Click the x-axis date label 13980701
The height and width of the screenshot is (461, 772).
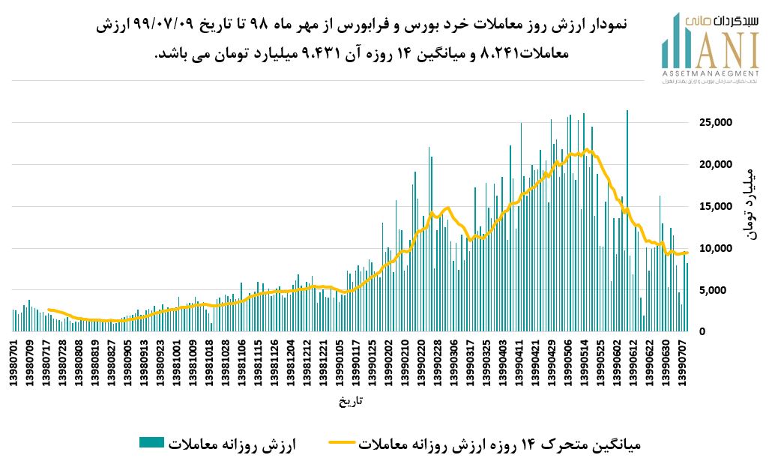[13, 364]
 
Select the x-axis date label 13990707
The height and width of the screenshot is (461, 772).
[684, 364]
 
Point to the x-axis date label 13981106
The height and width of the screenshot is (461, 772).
[241, 364]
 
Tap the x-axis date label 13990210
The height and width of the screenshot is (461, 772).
[405, 364]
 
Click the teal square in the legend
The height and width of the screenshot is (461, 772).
[151, 442]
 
